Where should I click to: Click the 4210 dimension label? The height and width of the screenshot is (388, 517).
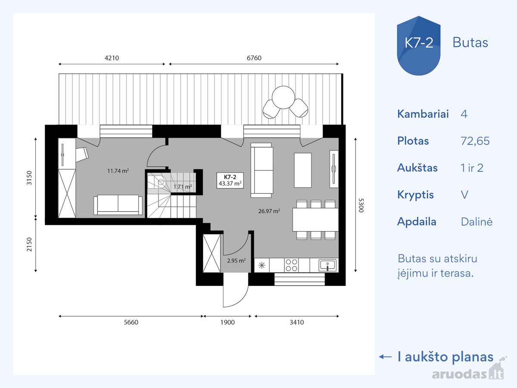pyautogui.click(x=112, y=58)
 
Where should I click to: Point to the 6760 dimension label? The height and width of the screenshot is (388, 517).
pyautogui.click(x=254, y=58)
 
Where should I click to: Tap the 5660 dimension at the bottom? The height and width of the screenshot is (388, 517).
pyautogui.click(x=131, y=322)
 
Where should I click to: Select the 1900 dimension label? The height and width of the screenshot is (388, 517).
pyautogui.click(x=227, y=322)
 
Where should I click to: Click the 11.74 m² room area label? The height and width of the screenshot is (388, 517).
pyautogui.click(x=118, y=171)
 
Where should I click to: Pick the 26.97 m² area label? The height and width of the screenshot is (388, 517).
pyautogui.click(x=269, y=211)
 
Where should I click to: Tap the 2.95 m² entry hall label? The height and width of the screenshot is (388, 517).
pyautogui.click(x=236, y=260)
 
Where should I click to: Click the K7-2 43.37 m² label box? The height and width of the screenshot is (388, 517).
pyautogui.click(x=230, y=181)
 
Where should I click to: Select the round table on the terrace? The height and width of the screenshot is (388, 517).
pyautogui.click(x=283, y=97)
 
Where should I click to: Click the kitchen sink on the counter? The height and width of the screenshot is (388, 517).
pyautogui.click(x=327, y=266)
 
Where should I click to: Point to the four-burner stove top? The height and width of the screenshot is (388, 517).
pyautogui.click(x=291, y=265)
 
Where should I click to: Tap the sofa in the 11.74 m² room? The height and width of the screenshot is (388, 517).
pyautogui.click(x=118, y=205)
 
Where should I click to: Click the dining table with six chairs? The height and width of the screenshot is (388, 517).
pyautogui.click(x=316, y=220)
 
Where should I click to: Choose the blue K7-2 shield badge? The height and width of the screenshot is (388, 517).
pyautogui.click(x=418, y=46)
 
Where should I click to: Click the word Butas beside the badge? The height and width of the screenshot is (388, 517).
pyautogui.click(x=470, y=43)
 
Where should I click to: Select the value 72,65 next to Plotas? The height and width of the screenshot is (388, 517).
pyautogui.click(x=475, y=141)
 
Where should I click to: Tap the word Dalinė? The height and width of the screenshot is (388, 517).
pyautogui.click(x=477, y=222)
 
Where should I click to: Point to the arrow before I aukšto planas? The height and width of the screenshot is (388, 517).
pyautogui.click(x=385, y=357)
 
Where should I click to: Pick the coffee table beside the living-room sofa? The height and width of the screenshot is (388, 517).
pyautogui.click(x=303, y=170)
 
